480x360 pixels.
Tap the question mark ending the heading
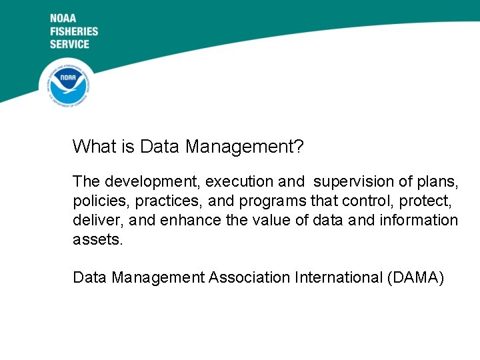pyautogui.click(x=299, y=146)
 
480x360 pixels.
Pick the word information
pyautogui.click(x=419, y=220)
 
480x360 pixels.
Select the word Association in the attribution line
pyautogui.click(x=249, y=277)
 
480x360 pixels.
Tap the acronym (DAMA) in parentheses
pyautogui.click(x=415, y=277)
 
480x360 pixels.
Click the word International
pyautogui.click(x=338, y=277)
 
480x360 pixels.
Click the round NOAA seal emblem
pyautogui.click(x=67, y=83)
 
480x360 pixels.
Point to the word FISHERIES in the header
pyautogui.click(x=73, y=31)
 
